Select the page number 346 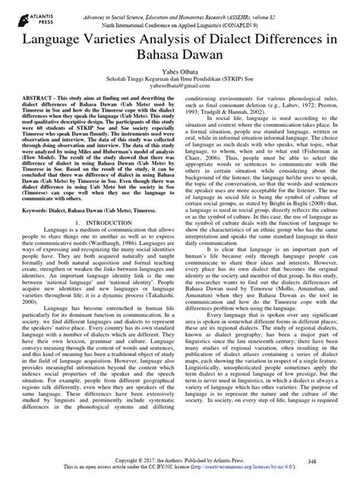click(x=327, y=460)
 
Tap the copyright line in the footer click(x=179, y=460)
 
